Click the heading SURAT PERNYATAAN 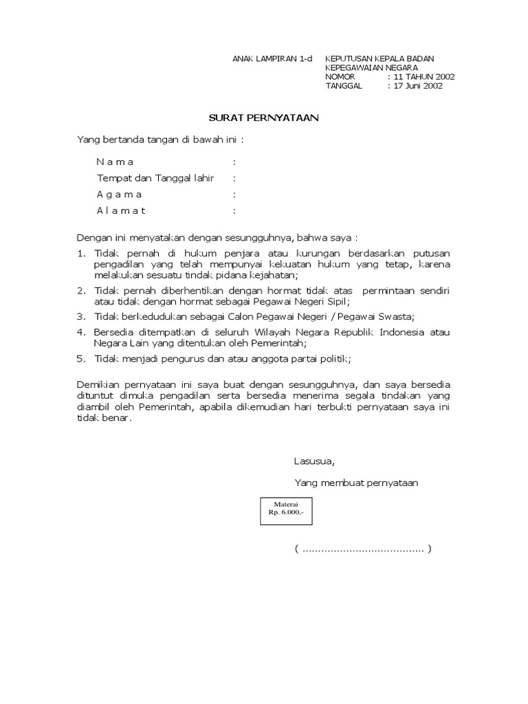pos(264,118)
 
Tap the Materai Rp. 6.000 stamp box pos(286,511)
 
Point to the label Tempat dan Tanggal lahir pos(155,178)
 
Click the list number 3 pos(80,316)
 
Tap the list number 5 pos(80,359)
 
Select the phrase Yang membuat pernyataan pos(356,483)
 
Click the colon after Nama pos(234,162)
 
